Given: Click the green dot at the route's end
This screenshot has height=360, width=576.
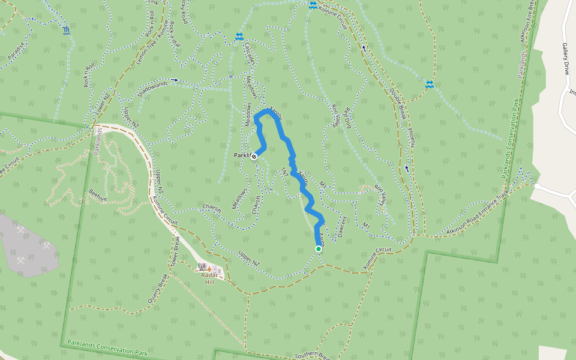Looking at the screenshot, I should click(318, 248).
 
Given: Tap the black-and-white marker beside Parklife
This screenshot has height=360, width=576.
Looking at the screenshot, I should click(254, 157).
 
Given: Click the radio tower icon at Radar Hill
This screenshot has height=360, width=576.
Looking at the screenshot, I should click(202, 267).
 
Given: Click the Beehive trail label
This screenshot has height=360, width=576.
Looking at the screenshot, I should click(97, 194).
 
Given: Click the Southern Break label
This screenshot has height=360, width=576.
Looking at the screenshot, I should click(311, 356).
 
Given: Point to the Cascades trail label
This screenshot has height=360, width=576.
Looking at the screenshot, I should click(251, 58).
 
